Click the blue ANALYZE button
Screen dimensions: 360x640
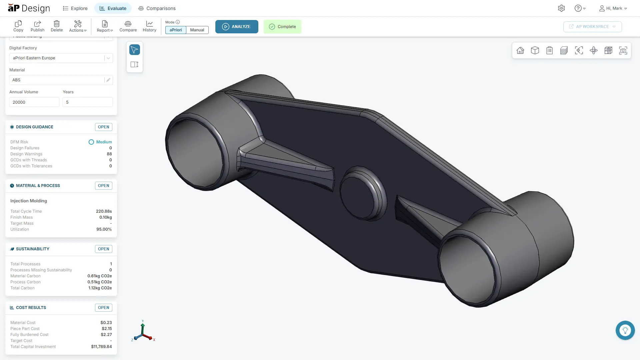click(x=237, y=27)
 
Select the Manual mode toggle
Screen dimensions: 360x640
click(x=197, y=30)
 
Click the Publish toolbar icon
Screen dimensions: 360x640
click(x=37, y=26)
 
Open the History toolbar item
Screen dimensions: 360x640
click(x=149, y=26)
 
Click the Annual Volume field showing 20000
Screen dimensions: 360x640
click(x=34, y=102)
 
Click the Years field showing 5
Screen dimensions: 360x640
click(x=87, y=102)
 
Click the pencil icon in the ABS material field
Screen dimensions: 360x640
click(x=108, y=80)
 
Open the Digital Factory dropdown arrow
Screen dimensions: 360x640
click(x=108, y=58)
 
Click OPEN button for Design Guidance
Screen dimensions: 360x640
click(x=103, y=127)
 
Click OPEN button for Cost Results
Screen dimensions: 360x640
click(x=103, y=308)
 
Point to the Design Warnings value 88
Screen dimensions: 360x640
click(x=109, y=154)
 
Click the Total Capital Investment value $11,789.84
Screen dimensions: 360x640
click(x=101, y=347)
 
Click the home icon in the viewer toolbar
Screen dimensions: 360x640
click(x=520, y=50)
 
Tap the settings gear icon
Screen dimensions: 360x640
click(x=561, y=8)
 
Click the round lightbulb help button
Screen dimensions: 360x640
click(x=625, y=330)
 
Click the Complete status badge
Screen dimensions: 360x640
click(x=282, y=27)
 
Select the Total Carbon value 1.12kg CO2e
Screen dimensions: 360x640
click(x=100, y=288)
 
